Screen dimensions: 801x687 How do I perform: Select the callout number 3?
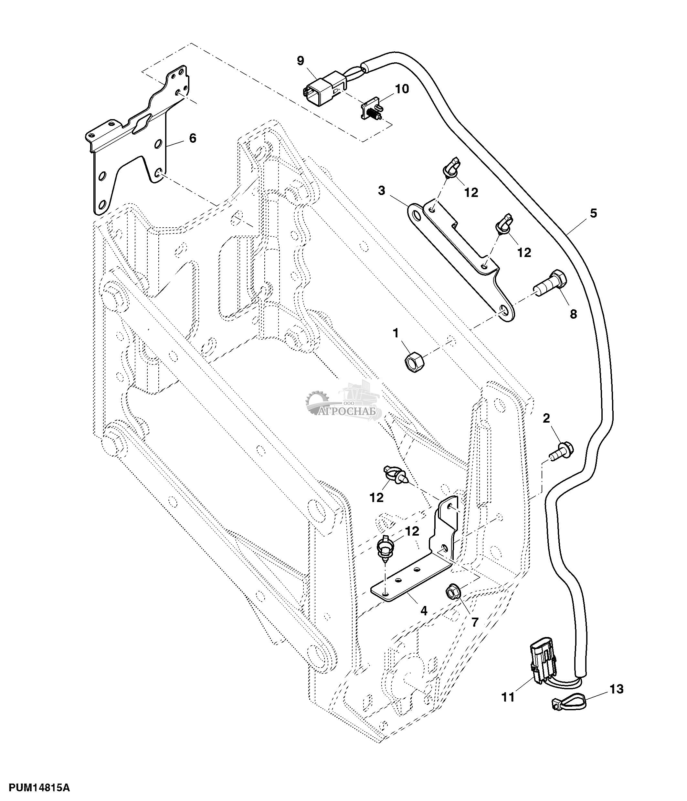pos(382,190)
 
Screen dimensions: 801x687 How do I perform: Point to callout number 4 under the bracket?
pos(424,611)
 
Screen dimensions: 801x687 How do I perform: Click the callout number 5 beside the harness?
pos(593,213)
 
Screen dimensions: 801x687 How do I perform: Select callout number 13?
pos(617,689)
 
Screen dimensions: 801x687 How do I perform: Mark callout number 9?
pos(301,61)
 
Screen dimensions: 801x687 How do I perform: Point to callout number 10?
pos(402,89)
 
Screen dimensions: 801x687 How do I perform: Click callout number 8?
pos(573,314)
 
